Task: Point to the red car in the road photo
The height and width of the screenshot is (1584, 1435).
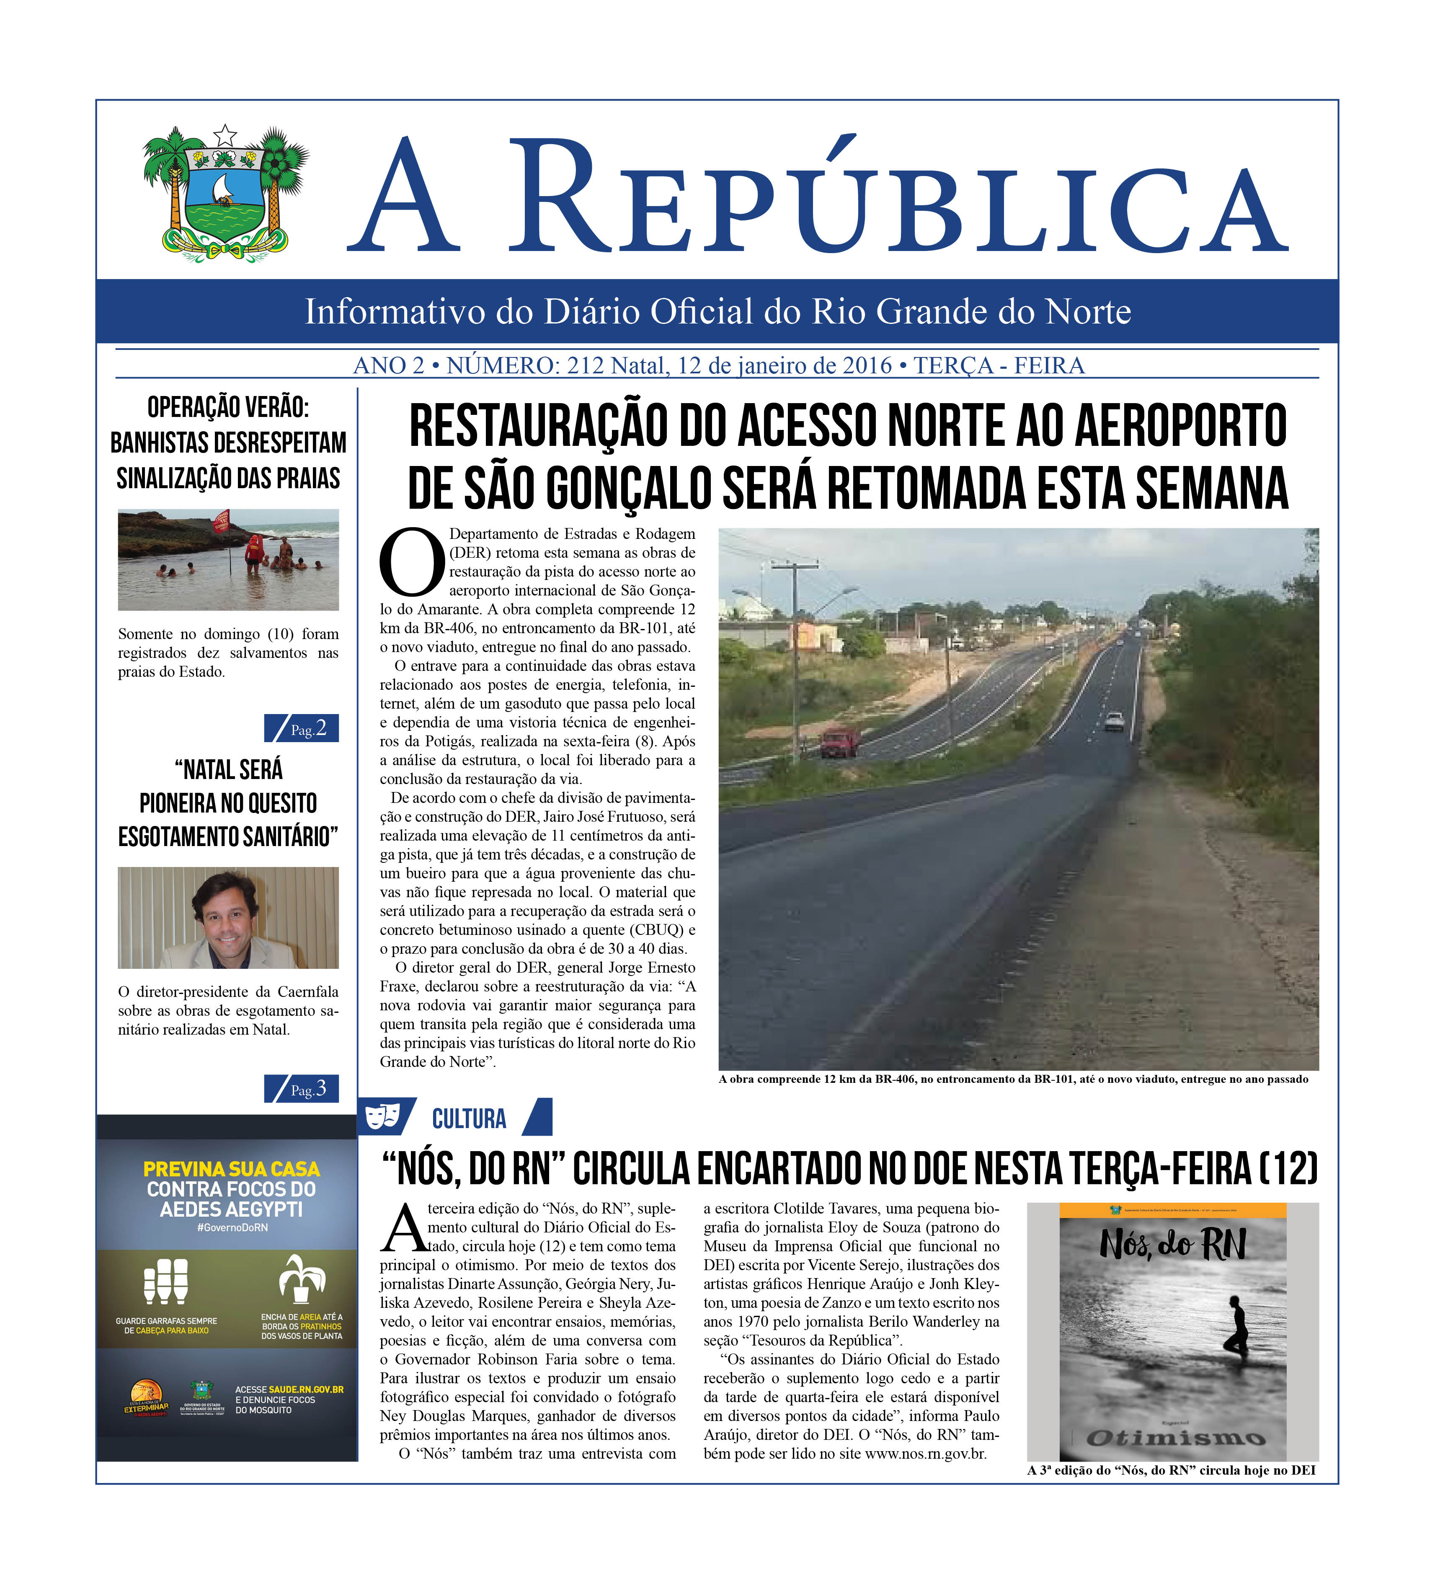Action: click(x=840, y=743)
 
